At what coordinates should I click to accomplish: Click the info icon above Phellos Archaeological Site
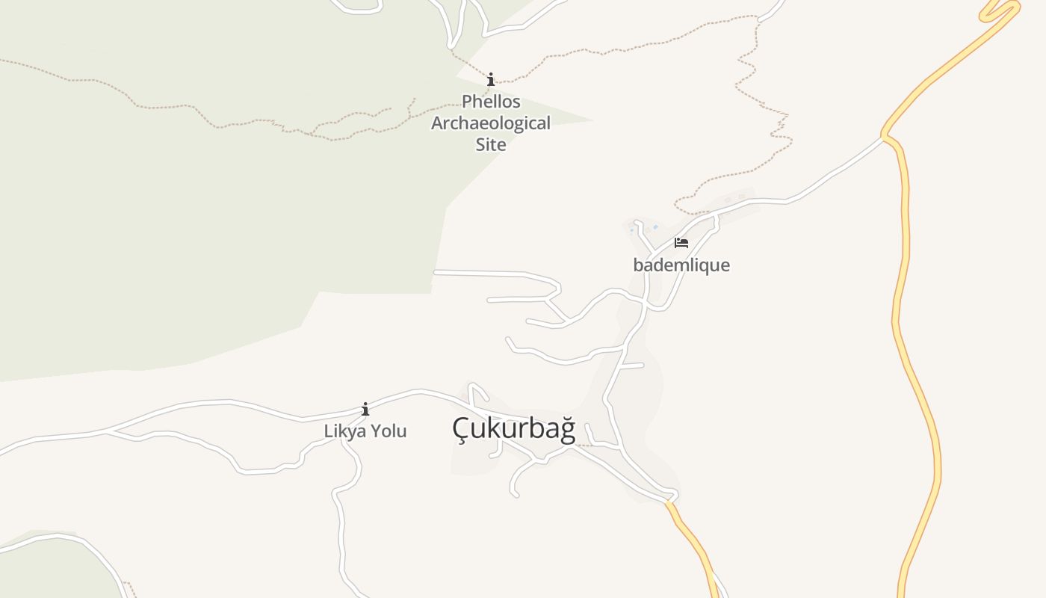coord(491,79)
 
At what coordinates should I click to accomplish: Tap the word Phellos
coord(491,101)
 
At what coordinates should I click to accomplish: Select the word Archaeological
coord(491,123)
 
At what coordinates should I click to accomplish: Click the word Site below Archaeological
coord(491,144)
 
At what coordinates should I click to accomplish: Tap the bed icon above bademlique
coord(681,243)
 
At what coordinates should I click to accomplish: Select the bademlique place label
coord(681,265)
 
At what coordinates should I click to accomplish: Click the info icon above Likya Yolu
coord(365,409)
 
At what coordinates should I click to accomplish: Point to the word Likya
coord(341,431)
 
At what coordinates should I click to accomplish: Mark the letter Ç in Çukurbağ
coord(460,430)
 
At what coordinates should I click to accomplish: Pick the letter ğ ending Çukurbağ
coord(568,430)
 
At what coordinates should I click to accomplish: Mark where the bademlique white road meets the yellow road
coord(883,137)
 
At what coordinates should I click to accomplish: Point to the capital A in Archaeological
coord(438,123)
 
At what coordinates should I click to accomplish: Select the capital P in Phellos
coord(467,101)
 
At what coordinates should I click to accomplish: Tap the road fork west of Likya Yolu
coord(107,431)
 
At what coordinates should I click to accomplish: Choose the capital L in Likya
coord(328,431)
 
